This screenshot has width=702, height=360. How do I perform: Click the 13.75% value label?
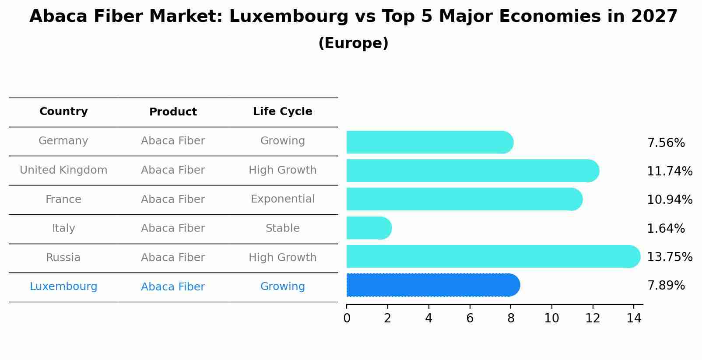(669, 257)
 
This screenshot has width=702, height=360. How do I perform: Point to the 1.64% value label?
(665, 228)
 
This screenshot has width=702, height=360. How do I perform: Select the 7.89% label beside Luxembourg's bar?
(665, 286)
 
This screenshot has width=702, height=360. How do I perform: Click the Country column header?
(63, 112)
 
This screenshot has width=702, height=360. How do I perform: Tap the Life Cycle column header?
(282, 112)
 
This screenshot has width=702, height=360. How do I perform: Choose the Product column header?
(173, 112)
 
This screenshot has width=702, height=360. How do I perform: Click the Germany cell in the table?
(63, 141)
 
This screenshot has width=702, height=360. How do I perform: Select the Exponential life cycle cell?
(282, 199)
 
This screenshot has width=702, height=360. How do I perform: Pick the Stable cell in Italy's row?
(282, 228)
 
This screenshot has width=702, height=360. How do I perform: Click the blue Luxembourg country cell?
(63, 287)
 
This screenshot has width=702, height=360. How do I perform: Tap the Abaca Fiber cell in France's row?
(173, 199)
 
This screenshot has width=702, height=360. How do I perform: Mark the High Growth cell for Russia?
(282, 258)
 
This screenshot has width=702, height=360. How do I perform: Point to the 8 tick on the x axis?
(511, 318)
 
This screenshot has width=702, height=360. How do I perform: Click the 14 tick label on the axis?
(634, 318)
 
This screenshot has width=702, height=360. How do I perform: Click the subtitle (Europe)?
(353, 43)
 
